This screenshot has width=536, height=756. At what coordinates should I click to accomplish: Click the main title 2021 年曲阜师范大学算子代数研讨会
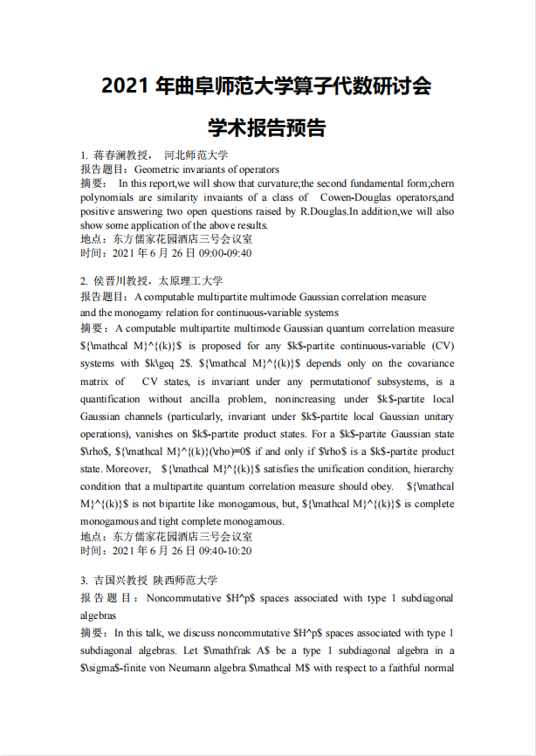click(267, 87)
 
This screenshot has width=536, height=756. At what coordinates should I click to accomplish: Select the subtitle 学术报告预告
click(267, 128)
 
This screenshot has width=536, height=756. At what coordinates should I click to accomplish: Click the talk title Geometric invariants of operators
click(207, 169)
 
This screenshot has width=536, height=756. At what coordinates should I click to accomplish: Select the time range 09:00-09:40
click(223, 254)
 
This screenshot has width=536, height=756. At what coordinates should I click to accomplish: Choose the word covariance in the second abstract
click(428, 363)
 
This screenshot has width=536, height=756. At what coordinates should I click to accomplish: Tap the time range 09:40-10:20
click(223, 551)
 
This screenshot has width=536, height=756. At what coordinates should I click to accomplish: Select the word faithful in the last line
click(402, 669)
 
